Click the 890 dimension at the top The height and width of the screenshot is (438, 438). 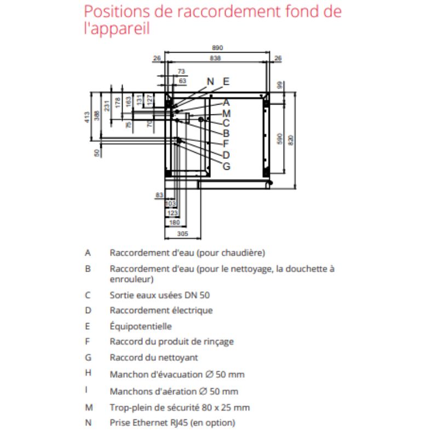[218, 48]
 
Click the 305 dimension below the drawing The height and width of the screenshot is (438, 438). [183, 234]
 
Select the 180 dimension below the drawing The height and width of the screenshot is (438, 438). [174, 222]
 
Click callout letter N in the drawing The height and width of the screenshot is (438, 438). [211, 81]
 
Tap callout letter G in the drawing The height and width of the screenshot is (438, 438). [226, 165]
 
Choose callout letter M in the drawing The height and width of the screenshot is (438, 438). [226, 113]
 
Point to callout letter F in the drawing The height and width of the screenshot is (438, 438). [226, 144]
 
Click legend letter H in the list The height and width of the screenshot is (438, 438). [88, 374]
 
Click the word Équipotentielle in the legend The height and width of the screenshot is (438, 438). [141, 326]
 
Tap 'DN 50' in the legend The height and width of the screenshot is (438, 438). [199, 295]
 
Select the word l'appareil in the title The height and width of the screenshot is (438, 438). [117, 28]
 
